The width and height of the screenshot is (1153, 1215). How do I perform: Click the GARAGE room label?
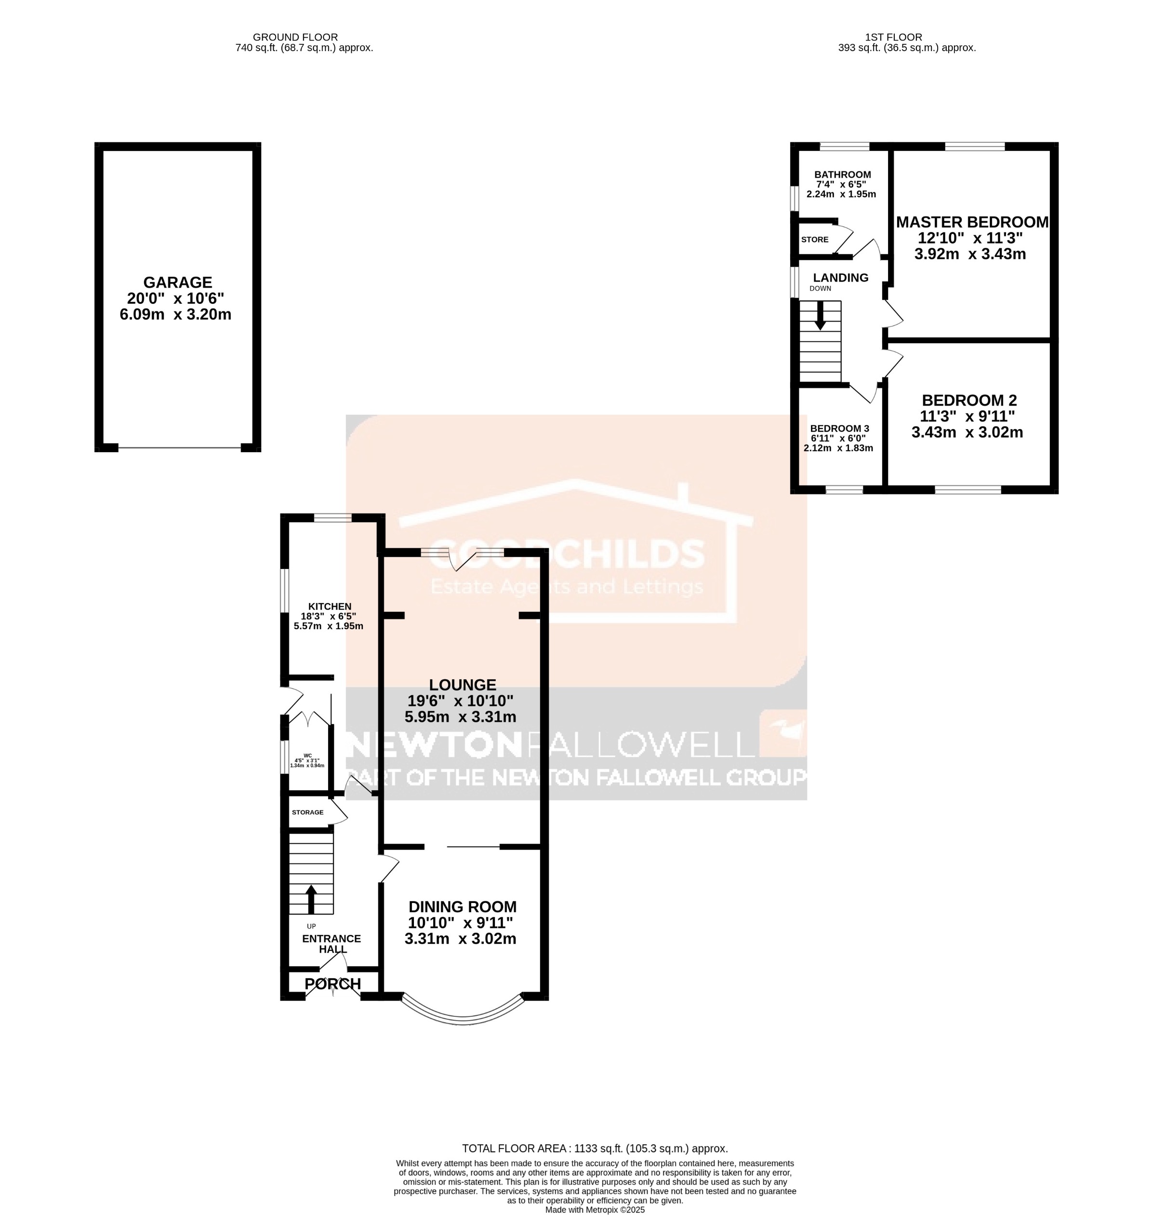click(178, 282)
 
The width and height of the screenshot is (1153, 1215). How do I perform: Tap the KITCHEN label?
click(330, 606)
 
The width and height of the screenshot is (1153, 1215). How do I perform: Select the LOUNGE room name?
click(462, 684)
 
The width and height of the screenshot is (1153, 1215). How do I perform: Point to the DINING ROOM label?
click(462, 906)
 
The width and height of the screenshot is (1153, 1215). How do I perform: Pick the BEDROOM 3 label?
click(839, 429)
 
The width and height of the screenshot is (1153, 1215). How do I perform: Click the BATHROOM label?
click(842, 175)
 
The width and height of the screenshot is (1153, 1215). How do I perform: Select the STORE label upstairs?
click(814, 240)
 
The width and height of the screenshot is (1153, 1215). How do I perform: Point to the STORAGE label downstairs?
click(307, 812)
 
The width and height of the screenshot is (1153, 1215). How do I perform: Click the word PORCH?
click(332, 984)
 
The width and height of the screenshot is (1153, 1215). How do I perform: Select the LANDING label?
click(840, 278)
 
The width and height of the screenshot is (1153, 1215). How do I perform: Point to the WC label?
click(308, 756)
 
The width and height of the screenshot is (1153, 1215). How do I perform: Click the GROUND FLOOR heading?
click(295, 38)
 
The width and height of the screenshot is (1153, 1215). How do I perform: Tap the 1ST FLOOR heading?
click(901, 38)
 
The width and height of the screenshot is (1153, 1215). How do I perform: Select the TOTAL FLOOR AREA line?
click(594, 1148)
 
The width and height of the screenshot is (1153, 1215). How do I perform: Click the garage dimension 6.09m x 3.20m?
click(176, 315)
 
